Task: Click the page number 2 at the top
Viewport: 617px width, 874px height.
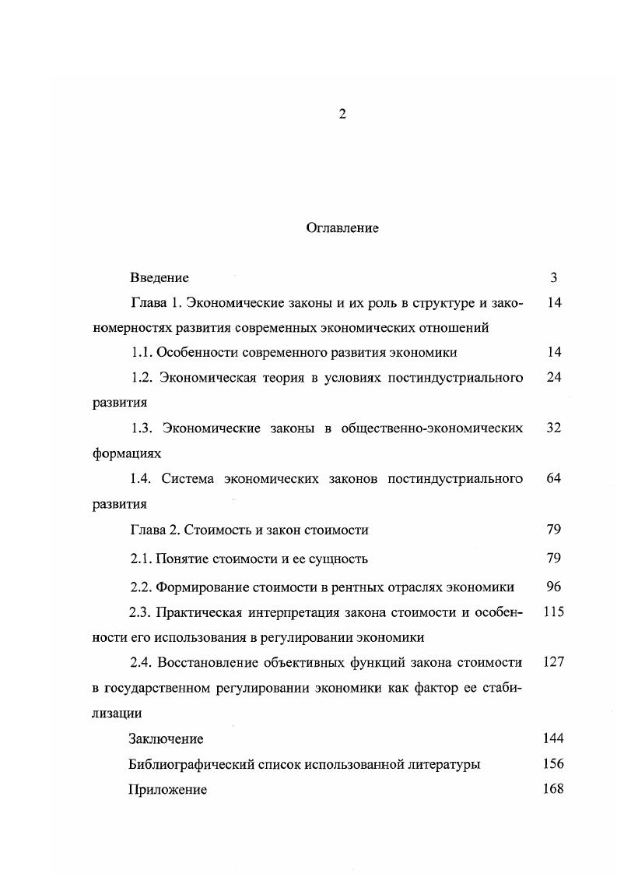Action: (x=342, y=115)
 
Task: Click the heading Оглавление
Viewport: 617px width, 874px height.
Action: (x=342, y=228)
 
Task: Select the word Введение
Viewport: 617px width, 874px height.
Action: (x=160, y=277)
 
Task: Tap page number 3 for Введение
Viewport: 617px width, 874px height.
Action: (x=554, y=277)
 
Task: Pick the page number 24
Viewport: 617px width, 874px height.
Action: (x=554, y=378)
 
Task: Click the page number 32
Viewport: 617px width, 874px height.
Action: (x=554, y=428)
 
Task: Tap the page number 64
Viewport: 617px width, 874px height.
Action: (x=554, y=478)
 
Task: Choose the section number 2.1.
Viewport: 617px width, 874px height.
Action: (x=141, y=559)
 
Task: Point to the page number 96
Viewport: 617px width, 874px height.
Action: (x=554, y=587)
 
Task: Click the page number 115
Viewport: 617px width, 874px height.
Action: (x=554, y=612)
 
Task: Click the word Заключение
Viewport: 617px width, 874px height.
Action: (x=166, y=738)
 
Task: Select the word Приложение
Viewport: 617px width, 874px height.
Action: (x=167, y=790)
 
